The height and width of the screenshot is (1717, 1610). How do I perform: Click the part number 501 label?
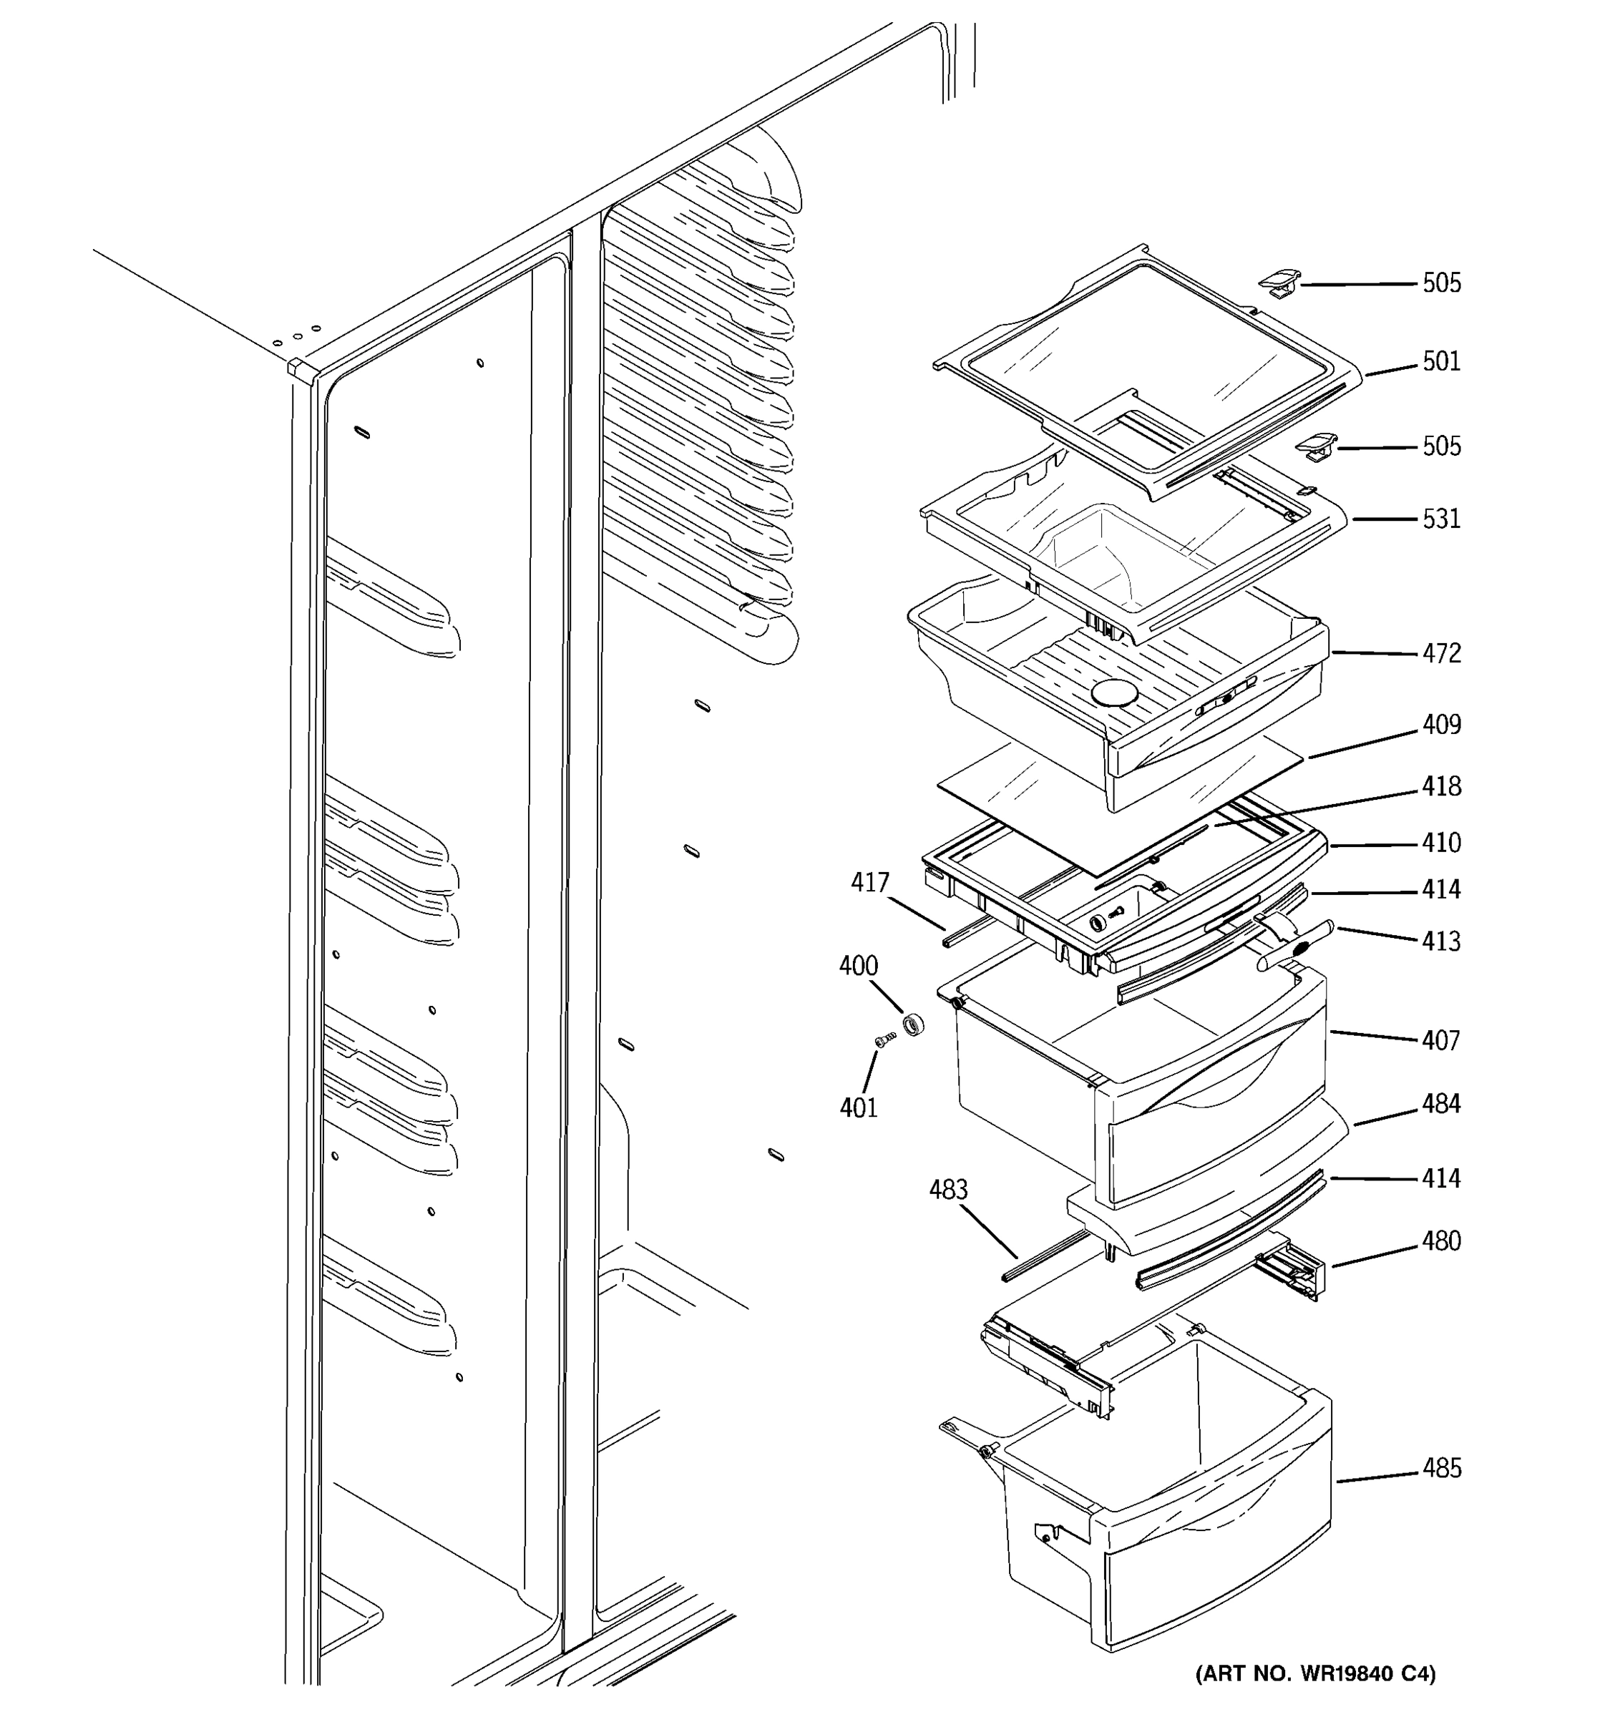[x=1442, y=361]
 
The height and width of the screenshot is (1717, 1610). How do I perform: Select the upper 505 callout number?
[x=1442, y=283]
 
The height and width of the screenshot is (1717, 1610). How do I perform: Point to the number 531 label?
[x=1442, y=519]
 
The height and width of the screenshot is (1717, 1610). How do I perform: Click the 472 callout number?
[x=1442, y=654]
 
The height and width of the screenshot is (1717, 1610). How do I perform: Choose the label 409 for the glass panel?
[x=1442, y=725]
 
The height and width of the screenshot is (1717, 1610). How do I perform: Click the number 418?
[x=1442, y=787]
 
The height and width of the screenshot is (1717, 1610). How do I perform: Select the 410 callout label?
[x=1442, y=843]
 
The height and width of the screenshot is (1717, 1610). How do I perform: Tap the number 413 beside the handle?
[x=1442, y=941]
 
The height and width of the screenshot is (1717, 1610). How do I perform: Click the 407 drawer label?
[x=1442, y=1041]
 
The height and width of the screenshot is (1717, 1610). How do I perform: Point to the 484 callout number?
[x=1442, y=1104]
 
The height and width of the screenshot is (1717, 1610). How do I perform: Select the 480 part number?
[x=1442, y=1241]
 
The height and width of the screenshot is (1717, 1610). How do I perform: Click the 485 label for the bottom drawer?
[x=1442, y=1468]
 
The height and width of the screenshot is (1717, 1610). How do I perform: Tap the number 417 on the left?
[x=870, y=883]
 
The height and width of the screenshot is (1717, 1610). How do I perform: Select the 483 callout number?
[x=947, y=1190]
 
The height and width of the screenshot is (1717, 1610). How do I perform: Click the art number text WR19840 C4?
[x=1314, y=1674]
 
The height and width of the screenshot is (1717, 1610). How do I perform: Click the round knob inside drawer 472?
[x=1115, y=693]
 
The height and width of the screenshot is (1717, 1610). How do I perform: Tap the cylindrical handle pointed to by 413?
[x=1296, y=946]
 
